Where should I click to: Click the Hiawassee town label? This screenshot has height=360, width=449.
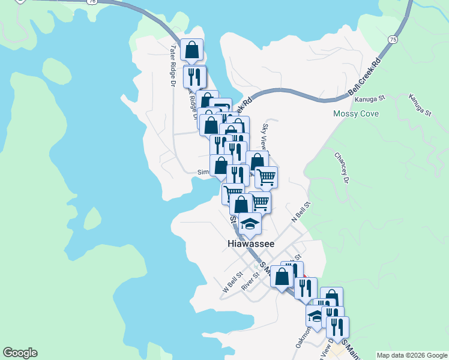click(x=251, y=244)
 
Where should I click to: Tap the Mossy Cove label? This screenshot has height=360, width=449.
click(x=357, y=113)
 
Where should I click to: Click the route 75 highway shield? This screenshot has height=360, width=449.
click(x=393, y=39)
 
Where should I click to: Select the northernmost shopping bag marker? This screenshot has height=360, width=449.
click(x=191, y=50)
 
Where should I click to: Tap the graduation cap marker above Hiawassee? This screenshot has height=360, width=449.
click(x=250, y=224)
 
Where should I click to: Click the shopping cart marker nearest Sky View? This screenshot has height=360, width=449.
click(x=266, y=177)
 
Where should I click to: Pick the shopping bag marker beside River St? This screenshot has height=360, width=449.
click(x=282, y=277)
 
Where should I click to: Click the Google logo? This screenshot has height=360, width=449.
click(x=20, y=353)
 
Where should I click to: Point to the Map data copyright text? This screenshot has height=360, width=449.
click(x=412, y=355)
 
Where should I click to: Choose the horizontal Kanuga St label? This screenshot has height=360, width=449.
click(x=367, y=100)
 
